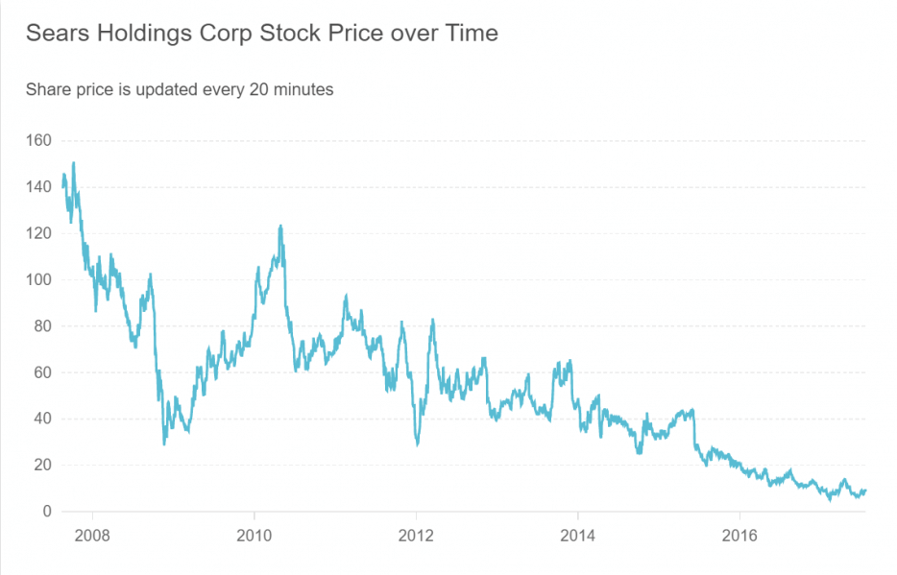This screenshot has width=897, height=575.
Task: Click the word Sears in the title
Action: coord(54,34)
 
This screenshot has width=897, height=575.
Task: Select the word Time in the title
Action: coord(473,34)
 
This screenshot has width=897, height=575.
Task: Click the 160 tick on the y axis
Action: coord(38,141)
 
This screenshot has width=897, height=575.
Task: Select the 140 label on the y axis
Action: coord(38,187)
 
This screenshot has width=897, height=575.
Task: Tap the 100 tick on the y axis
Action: coord(38,280)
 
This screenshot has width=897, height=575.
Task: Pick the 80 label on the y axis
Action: coord(42,326)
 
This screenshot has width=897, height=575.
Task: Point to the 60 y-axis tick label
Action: coord(42,372)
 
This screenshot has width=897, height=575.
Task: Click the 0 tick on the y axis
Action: coord(46,512)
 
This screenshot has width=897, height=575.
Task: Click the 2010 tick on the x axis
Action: coord(254,534)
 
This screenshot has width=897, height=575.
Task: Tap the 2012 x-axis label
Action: coord(416,534)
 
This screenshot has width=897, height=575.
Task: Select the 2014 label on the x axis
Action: coord(577,534)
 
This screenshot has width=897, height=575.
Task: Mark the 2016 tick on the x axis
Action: coord(739,534)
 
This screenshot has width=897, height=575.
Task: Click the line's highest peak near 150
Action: coord(74,163)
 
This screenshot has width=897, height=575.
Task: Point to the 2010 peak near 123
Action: coord(279,227)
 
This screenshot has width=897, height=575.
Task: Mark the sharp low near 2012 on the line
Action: coord(417,444)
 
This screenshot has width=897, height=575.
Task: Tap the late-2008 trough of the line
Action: coord(164,443)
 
